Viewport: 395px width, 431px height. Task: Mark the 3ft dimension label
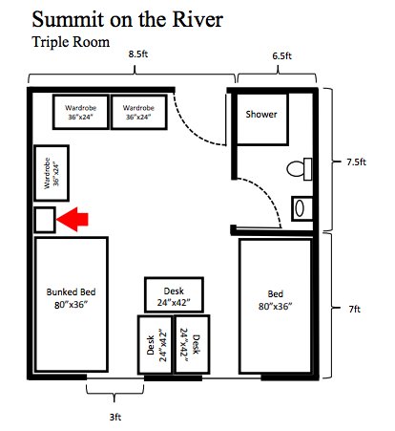(114, 417)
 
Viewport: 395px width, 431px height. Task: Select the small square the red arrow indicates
(44, 220)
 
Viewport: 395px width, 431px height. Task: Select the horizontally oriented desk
(175, 295)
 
